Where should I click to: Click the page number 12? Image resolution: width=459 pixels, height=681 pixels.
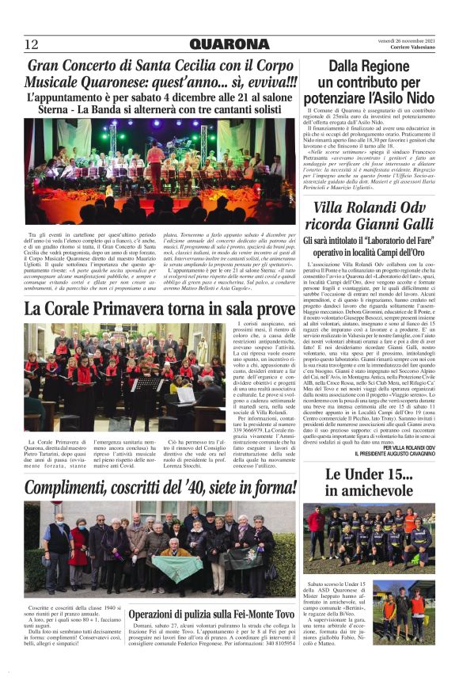pyautogui.click(x=32, y=44)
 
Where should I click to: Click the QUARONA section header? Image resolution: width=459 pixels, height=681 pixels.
pyautogui.click(x=229, y=44)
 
